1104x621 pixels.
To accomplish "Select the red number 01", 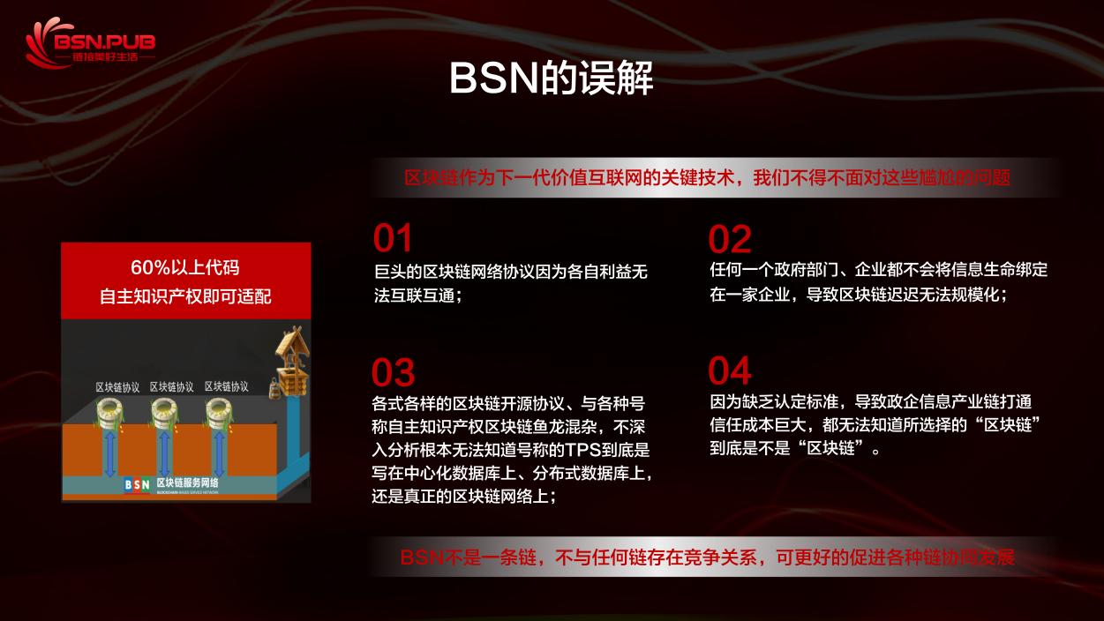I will click(393, 239).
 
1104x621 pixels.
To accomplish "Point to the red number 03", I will click(394, 372).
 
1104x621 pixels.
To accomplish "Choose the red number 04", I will click(730, 371).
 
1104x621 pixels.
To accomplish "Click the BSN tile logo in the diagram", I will click(137, 483).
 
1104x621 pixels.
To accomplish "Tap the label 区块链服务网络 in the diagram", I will click(187, 483).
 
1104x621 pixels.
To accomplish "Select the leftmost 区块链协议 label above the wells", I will click(117, 386).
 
